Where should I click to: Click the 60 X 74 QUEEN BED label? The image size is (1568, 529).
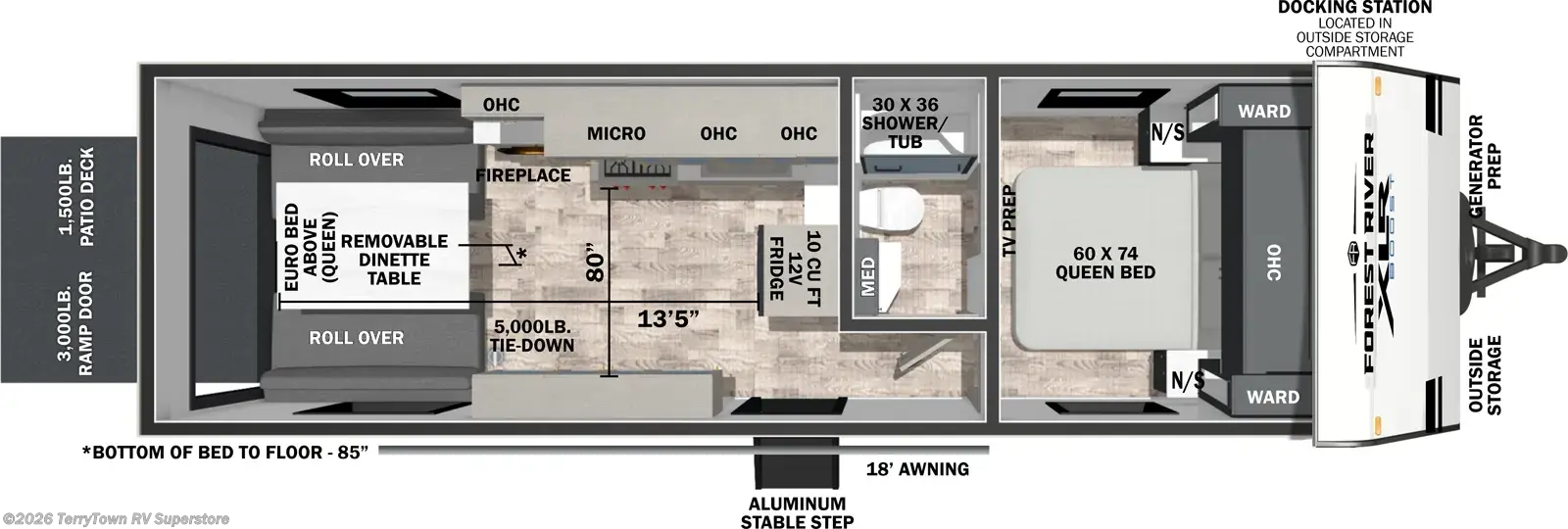[1105, 263]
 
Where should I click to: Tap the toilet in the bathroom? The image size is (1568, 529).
[891, 210]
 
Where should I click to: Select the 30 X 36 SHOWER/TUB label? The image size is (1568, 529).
[906, 123]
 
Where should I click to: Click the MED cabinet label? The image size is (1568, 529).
[868, 276]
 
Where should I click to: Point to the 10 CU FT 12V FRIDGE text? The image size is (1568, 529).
[795, 265]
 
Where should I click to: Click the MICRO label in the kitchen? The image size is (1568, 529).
[616, 133]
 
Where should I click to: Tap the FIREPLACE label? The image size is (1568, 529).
[523, 175]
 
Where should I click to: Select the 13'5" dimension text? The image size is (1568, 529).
[667, 319]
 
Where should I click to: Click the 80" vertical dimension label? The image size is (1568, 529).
[594, 263]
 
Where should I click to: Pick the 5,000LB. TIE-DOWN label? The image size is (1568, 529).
[532, 336]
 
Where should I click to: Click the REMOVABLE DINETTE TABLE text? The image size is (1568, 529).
[394, 260]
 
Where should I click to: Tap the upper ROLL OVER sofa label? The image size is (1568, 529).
[357, 160]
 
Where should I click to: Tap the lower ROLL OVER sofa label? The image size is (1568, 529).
[357, 338]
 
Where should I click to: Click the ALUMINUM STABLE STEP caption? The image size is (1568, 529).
[797, 513]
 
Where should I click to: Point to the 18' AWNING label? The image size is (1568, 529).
[917, 469]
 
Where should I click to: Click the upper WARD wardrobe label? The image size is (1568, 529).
[1264, 112]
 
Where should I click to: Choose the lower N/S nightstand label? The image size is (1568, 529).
[1188, 380]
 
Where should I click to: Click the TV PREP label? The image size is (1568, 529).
[1008, 221]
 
